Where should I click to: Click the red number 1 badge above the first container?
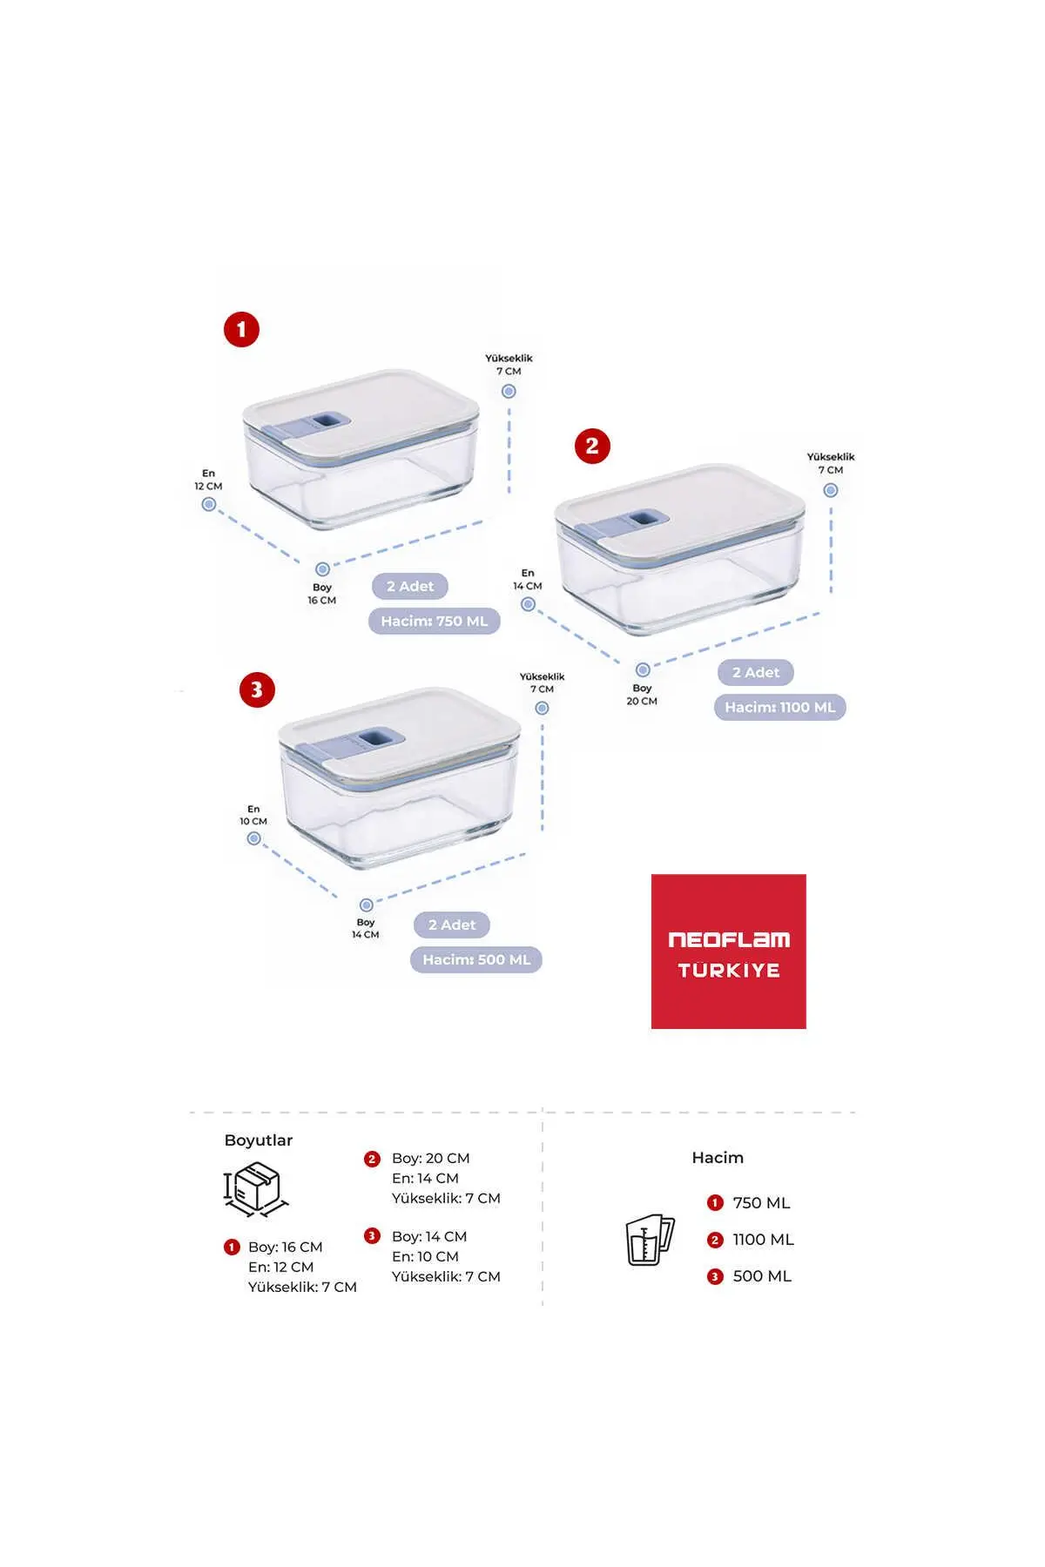pos(241,330)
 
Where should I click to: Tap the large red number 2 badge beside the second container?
pos(592,446)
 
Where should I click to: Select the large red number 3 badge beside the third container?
pos(257,689)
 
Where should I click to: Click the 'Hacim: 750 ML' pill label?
pos(435,621)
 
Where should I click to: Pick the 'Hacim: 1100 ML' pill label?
pos(780,707)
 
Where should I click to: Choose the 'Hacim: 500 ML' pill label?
pos(476,959)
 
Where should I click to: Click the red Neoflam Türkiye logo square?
pos(729,952)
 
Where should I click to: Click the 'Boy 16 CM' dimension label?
pos(321,594)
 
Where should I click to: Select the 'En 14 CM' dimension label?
pos(528,580)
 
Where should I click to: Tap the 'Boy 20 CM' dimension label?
pos(642,695)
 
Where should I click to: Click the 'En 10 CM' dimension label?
pos(253,815)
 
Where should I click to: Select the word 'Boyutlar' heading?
pos(259,1140)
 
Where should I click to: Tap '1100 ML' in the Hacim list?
pos(763,1240)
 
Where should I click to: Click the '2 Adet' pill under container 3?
pos(452,925)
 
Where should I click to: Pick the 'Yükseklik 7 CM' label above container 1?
pos(509,365)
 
